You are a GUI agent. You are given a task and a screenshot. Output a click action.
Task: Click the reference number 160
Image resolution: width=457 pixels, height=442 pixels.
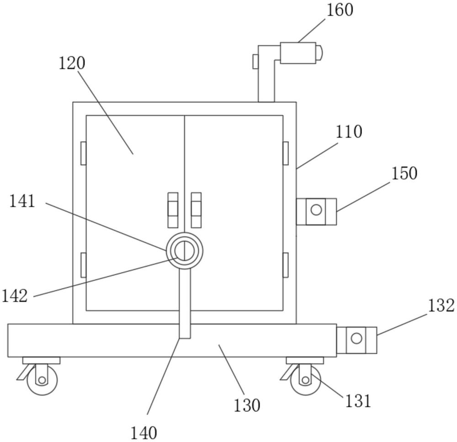[339, 10]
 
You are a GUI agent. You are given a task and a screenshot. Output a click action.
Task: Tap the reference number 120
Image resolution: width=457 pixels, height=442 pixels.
[72, 64]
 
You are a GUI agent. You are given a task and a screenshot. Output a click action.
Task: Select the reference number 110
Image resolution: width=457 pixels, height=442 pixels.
[349, 132]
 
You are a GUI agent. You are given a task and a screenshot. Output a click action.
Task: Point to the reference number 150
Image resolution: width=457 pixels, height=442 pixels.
[404, 174]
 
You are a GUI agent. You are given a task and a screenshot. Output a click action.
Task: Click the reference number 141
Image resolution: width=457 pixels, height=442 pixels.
[22, 201]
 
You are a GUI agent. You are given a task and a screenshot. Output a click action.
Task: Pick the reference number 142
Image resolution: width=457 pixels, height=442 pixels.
[15, 296]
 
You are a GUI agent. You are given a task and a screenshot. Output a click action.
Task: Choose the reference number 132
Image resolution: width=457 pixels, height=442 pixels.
[441, 306]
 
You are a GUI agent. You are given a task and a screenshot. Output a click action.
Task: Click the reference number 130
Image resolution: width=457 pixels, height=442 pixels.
[247, 405]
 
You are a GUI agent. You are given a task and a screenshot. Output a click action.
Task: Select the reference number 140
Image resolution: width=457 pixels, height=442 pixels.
[143, 432]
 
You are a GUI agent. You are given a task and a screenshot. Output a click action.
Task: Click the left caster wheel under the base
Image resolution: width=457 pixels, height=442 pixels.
[42, 380]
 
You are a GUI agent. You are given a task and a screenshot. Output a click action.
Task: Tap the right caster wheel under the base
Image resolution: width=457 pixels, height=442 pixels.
[305, 380]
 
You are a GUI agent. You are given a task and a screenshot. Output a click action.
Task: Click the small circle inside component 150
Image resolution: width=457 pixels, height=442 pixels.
[316, 210]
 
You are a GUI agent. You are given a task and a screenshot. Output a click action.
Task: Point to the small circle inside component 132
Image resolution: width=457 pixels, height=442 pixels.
[356, 339]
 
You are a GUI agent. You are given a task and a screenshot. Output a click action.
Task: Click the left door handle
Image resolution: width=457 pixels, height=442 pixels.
[173, 210]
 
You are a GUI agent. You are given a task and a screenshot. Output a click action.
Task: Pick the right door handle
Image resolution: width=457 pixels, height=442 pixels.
[196, 210]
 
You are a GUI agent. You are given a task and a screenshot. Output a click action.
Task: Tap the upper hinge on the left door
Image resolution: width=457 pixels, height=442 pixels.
[83, 153]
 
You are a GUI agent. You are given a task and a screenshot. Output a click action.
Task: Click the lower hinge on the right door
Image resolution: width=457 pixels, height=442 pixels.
[286, 265]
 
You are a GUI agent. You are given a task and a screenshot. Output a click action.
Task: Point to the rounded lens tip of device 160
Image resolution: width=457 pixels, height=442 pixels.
[320, 53]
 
